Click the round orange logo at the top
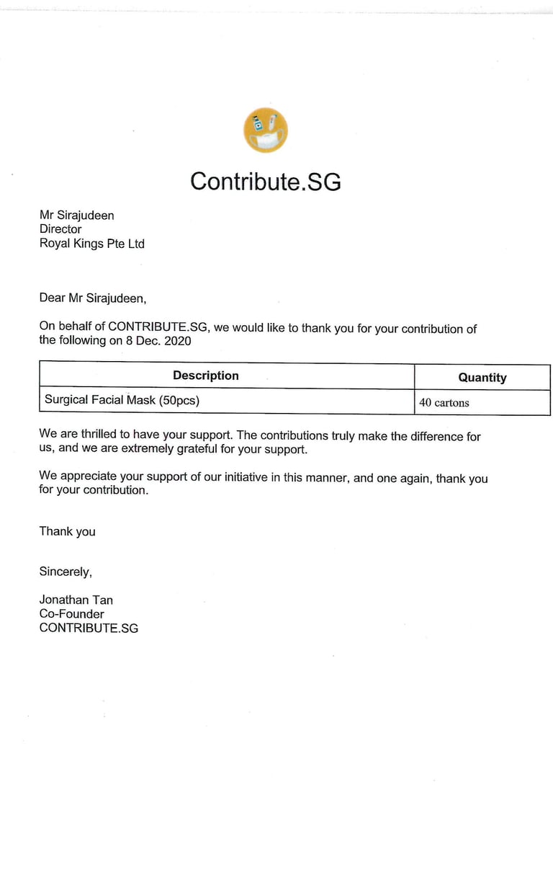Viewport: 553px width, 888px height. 266,130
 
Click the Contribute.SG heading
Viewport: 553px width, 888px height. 265,181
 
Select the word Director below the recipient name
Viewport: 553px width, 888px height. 60,229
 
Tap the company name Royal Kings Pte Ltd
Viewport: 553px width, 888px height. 91,244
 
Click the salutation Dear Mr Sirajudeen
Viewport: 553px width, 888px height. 92,298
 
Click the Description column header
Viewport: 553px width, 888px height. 205,376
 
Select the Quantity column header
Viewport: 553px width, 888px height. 482,377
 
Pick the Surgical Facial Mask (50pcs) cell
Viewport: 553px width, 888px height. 122,399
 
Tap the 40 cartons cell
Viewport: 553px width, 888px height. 444,402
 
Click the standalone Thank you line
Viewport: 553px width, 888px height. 67,531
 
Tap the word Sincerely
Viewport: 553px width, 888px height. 66,572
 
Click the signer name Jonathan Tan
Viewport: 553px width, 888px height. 76,600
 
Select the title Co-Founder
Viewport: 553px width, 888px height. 71,614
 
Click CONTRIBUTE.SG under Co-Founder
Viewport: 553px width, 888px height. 89,628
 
